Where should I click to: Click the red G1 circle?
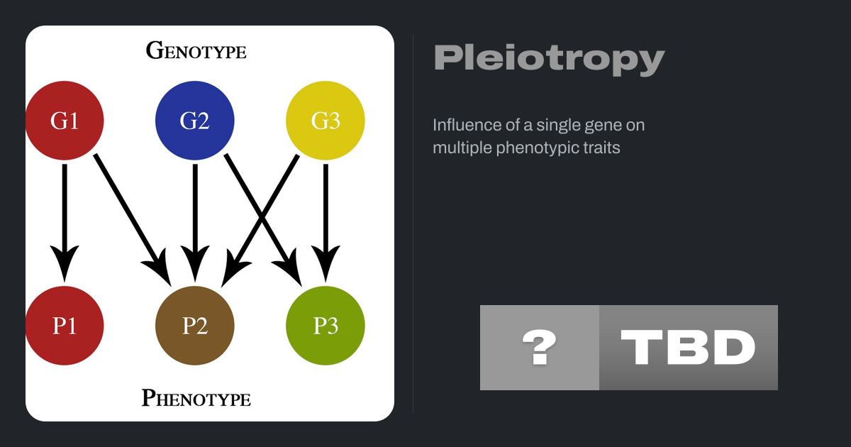[65, 121]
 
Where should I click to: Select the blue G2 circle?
[195, 121]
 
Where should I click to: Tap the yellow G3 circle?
[326, 121]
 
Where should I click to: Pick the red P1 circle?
[65, 326]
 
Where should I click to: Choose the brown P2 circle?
[195, 326]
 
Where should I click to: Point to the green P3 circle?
[326, 326]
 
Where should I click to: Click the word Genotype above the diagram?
[196, 50]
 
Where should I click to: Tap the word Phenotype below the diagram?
[196, 397]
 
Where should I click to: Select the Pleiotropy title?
[549, 58]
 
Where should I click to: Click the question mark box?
[540, 348]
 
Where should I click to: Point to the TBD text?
[688, 348]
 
